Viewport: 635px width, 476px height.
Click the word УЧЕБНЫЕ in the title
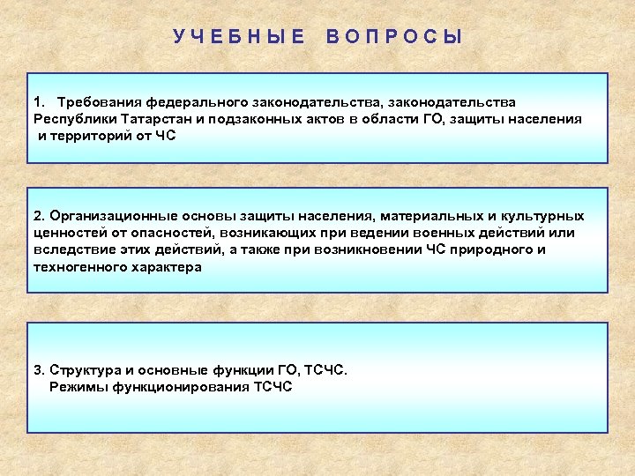click(239, 36)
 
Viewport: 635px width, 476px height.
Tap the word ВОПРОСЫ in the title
click(394, 36)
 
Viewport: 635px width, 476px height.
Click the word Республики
click(73, 119)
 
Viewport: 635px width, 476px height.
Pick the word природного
click(489, 249)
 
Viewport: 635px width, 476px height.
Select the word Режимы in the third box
click(76, 386)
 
